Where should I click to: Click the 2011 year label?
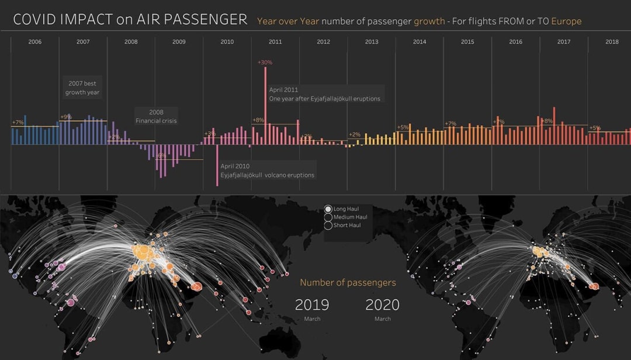[275, 42]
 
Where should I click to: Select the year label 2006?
[35, 42]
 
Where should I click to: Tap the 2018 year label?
[612, 42]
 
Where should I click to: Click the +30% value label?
[265, 63]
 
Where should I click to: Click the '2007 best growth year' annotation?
[82, 88]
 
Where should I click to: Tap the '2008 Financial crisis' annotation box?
[156, 116]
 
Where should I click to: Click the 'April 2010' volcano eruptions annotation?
[267, 171]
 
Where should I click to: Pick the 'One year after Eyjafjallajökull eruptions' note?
[325, 95]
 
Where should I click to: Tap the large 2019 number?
[312, 305]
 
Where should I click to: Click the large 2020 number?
[382, 305]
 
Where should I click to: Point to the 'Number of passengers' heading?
[348, 283]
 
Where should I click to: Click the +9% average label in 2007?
[65, 117]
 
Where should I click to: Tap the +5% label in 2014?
[403, 127]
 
